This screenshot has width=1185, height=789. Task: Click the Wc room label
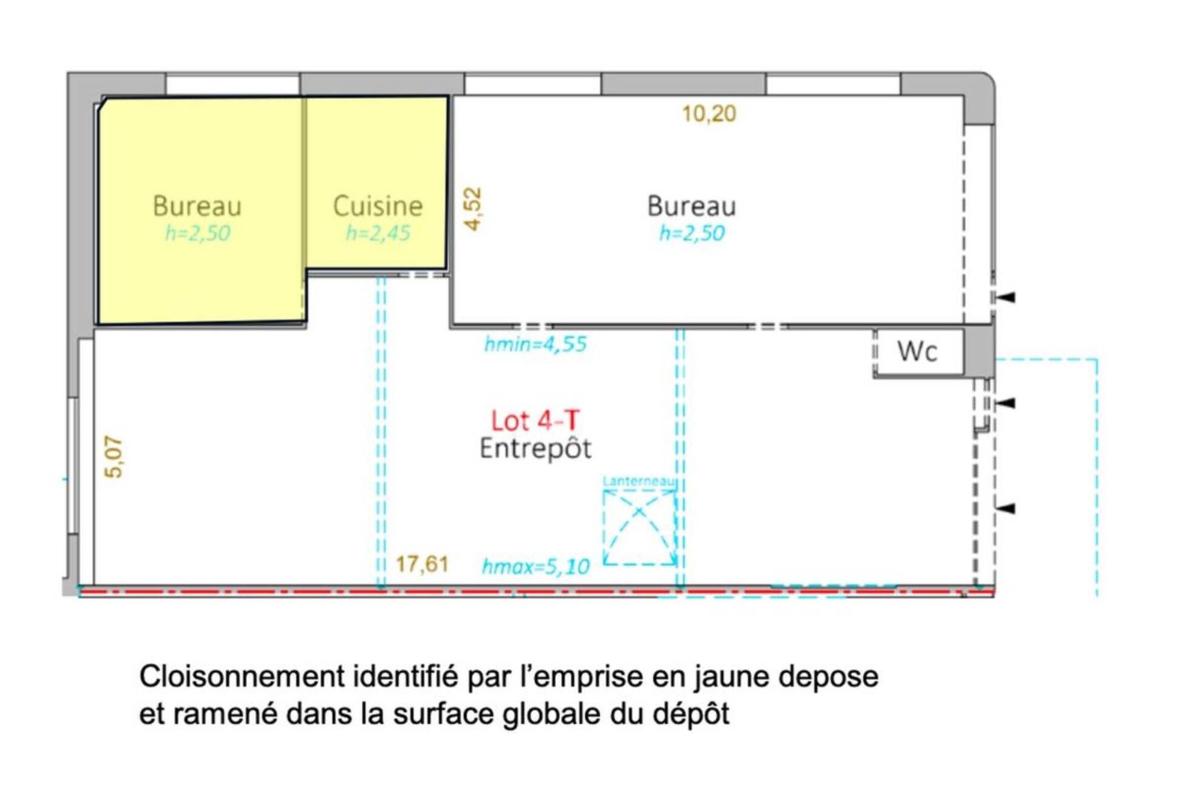click(x=917, y=351)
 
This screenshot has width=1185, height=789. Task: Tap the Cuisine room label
click(x=378, y=206)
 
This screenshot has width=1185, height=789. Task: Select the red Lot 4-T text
click(x=535, y=421)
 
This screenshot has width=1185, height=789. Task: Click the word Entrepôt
click(x=535, y=449)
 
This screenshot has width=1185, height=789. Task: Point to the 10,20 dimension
click(x=709, y=113)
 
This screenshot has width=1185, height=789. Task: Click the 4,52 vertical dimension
click(x=472, y=209)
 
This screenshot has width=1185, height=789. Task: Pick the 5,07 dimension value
click(x=114, y=456)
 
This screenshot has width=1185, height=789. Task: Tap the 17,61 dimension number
click(x=422, y=564)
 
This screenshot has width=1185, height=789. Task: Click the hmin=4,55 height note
click(x=535, y=344)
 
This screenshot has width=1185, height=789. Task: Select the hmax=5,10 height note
click(x=535, y=567)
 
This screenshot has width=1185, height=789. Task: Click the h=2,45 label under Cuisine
click(x=378, y=233)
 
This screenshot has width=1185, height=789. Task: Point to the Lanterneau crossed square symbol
click(x=640, y=527)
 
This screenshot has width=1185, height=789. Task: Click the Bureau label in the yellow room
click(x=197, y=206)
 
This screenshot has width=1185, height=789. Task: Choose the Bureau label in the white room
click(x=691, y=206)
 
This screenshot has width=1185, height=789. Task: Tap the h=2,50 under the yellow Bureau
click(x=197, y=233)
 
